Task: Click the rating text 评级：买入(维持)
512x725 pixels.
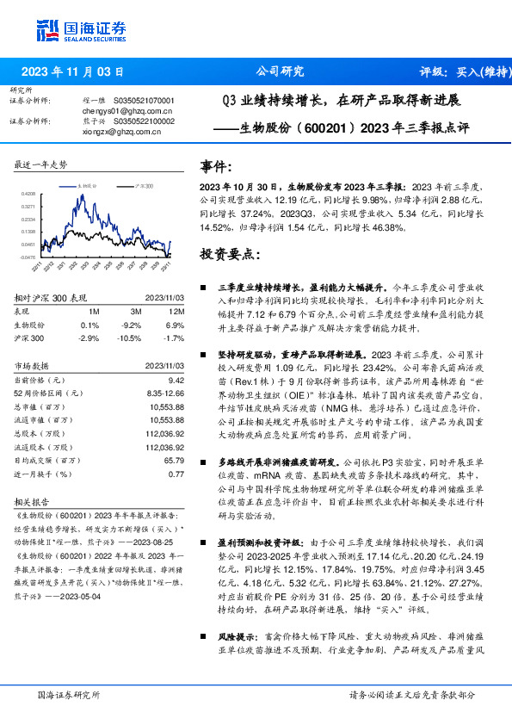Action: [460, 72]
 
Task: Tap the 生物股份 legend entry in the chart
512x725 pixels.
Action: [89, 185]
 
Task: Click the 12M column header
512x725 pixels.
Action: [177, 311]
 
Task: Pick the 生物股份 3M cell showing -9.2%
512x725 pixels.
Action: [132, 325]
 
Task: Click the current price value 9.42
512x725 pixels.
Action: [176, 380]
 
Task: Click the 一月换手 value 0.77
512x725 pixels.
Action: [176, 474]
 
